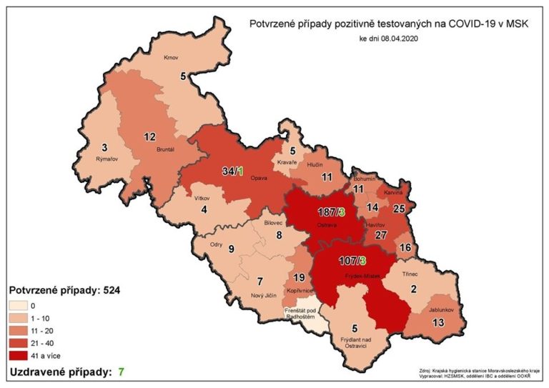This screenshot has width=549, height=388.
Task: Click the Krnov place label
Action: coord(170,57)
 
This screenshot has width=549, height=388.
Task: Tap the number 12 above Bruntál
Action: coord(150,136)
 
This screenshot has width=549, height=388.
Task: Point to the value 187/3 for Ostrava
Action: coord(332,213)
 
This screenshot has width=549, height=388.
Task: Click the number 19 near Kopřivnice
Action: coord(300,277)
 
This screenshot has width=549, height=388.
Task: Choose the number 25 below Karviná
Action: coord(399,208)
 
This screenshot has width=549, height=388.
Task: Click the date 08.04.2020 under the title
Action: coord(400,38)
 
